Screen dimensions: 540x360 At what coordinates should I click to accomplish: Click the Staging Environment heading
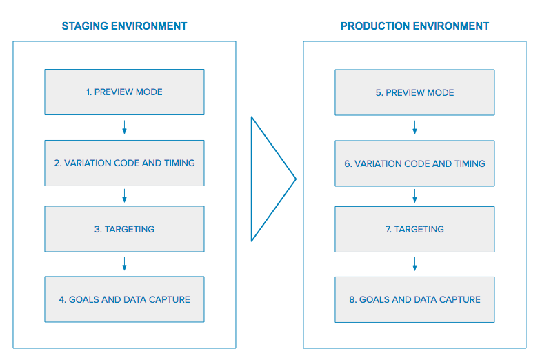(124, 26)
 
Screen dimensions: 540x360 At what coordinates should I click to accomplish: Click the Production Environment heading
(414, 26)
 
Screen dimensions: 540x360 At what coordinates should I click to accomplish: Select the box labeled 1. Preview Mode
(124, 92)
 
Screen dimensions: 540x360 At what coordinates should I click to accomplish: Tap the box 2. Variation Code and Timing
(124, 163)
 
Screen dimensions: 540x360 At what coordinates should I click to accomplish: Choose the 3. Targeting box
(124, 229)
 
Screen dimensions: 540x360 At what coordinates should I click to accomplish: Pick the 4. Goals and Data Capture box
(124, 299)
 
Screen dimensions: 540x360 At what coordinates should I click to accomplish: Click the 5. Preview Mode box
(414, 92)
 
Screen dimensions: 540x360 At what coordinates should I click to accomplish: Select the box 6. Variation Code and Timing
(414, 163)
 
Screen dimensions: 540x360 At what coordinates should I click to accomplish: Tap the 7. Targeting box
(414, 230)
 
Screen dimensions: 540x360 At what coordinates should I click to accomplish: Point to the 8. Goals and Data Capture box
(414, 300)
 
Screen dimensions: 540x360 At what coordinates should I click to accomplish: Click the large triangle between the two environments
(252, 179)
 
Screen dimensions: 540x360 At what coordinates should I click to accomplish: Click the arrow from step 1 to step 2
(124, 127)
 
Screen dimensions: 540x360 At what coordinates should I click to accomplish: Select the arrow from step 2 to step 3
(124, 196)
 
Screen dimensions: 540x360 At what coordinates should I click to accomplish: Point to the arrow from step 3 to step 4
(124, 264)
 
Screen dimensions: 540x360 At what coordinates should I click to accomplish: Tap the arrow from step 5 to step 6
(414, 128)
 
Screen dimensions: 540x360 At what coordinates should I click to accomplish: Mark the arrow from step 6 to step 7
(414, 196)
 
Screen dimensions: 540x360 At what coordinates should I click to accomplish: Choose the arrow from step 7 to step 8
(414, 264)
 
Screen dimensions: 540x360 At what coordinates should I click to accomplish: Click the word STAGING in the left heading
(85, 26)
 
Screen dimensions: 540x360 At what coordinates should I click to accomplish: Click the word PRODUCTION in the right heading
(375, 26)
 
